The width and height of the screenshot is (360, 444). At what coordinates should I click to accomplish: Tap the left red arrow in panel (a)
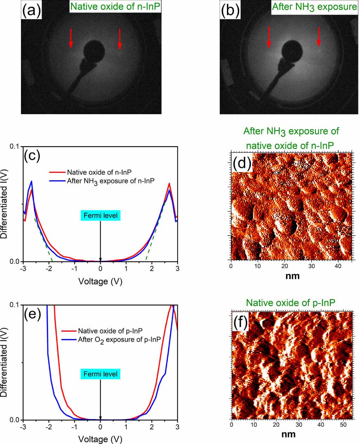pos(71,38)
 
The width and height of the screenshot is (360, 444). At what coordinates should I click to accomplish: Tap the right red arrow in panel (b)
pos(319,37)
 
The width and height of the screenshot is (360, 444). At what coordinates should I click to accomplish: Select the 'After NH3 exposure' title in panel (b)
pos(315,7)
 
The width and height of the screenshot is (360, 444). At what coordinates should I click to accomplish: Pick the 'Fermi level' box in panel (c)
pos(101,215)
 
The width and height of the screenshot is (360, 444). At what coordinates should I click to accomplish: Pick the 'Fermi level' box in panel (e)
pos(101,374)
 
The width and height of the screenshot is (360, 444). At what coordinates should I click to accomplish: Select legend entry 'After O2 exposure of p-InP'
pos(119,339)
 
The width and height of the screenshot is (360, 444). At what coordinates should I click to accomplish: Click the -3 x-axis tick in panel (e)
pos(23,427)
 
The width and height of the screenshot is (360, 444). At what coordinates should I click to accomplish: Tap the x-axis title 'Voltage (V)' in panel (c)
pos(100,281)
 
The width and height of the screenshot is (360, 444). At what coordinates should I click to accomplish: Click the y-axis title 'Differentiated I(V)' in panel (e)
pos(5,362)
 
